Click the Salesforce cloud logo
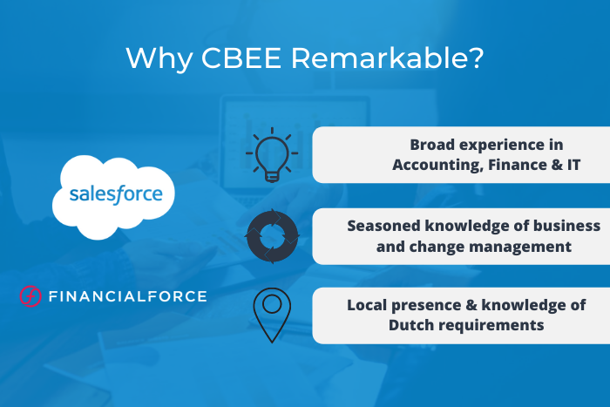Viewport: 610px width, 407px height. (116, 193)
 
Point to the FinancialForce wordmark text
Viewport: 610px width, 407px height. (127, 296)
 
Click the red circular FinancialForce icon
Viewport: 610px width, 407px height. (30, 296)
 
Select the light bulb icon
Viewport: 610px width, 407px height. (272, 156)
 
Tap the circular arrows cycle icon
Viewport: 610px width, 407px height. (272, 236)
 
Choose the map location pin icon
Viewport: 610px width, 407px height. (272, 313)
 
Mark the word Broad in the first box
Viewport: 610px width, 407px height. (434, 145)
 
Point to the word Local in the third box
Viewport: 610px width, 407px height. (367, 305)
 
